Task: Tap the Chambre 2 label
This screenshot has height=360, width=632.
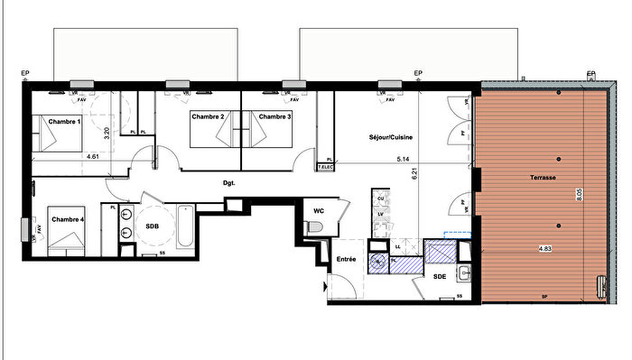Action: tap(208, 116)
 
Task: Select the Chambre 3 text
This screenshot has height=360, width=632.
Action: tap(274, 116)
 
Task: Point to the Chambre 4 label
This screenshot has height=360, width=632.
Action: tap(69, 219)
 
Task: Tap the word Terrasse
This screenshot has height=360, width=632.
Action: tap(543, 178)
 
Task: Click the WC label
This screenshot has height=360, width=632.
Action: tap(319, 210)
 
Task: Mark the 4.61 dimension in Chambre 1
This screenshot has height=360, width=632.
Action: tap(92, 156)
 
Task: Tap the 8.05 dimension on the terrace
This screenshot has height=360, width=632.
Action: tap(579, 191)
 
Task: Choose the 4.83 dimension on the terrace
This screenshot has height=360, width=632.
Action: tap(544, 247)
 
